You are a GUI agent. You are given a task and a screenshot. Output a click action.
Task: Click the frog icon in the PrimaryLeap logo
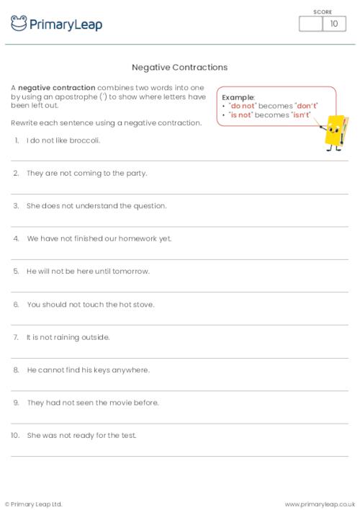pyautogui.click(x=19, y=24)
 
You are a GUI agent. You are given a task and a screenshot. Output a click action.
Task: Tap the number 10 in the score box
pyautogui.click(x=333, y=24)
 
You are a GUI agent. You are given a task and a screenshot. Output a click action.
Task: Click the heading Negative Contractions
pyautogui.click(x=180, y=67)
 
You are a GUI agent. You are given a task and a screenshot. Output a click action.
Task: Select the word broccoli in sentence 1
pyautogui.click(x=84, y=140)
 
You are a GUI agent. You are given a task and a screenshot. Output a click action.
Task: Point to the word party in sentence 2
pyautogui.click(x=136, y=173)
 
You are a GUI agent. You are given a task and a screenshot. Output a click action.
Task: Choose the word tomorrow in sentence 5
pyautogui.click(x=130, y=271)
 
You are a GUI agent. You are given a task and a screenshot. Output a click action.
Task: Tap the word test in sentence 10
pyautogui.click(x=128, y=435)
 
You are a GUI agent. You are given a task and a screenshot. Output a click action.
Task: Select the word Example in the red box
pyautogui.click(x=238, y=97)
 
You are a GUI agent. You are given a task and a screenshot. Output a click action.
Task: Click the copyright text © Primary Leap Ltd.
pyautogui.click(x=34, y=504)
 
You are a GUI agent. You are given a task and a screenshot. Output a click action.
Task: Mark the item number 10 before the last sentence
pyautogui.click(x=14, y=435)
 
